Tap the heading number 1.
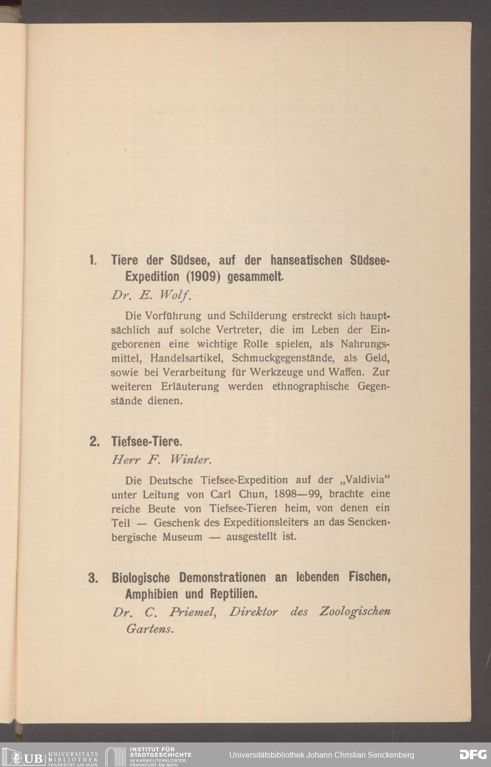92,260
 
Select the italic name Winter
190,460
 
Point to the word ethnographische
311,386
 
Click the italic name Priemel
192,612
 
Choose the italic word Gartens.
150,629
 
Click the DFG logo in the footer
472,754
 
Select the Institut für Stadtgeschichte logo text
160,756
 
